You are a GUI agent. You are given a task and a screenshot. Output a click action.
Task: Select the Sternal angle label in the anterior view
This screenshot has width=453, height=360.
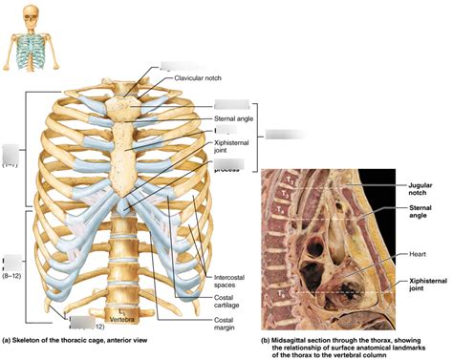point(234,118)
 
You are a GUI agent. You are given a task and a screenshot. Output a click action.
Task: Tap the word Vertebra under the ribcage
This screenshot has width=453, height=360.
point(123,318)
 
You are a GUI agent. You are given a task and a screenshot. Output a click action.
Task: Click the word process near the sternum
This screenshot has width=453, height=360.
point(226,171)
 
